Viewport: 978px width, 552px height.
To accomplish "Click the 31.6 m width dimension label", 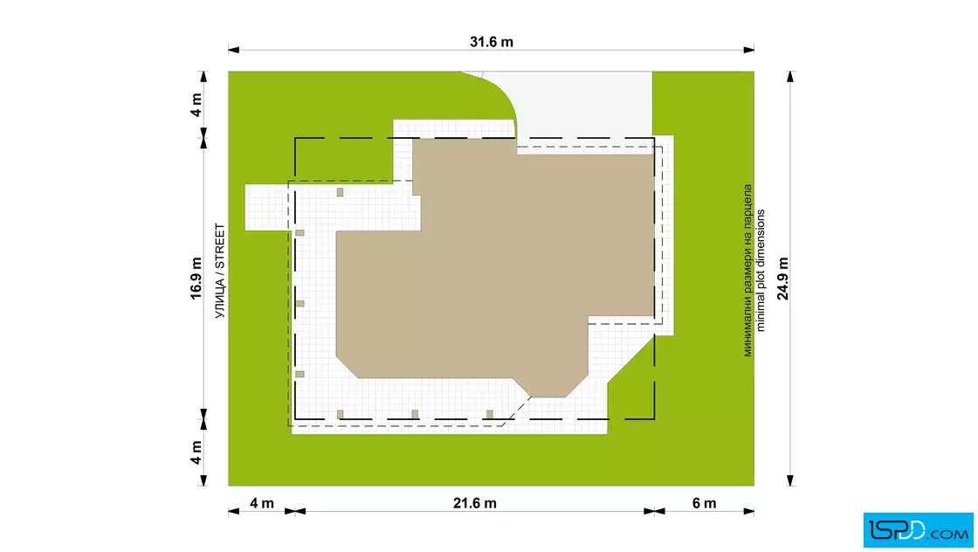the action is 492,42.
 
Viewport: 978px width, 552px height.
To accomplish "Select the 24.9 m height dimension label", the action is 782,278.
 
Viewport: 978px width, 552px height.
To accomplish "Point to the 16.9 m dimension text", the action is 196,278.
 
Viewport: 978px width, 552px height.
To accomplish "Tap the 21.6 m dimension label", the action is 475,503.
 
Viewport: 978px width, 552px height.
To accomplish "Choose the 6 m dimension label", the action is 704,503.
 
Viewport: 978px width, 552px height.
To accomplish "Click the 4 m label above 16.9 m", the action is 196,105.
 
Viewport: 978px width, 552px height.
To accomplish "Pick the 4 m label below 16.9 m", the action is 196,452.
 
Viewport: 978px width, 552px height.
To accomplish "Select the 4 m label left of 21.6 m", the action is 262,503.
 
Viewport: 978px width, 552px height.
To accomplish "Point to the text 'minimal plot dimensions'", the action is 761,270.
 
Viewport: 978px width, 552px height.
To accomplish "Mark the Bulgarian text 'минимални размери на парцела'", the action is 747,270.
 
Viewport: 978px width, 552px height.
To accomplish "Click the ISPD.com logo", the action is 918,530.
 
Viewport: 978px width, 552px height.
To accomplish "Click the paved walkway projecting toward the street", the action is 267,208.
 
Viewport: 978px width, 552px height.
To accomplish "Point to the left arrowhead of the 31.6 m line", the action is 234,50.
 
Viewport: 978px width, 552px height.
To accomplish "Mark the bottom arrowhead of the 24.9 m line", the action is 790,480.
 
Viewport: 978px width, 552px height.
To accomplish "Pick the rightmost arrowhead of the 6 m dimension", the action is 748,512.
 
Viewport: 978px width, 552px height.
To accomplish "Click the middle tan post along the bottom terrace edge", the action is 415,414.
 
